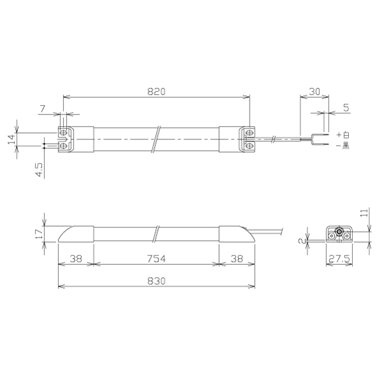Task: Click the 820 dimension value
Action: pyautogui.click(x=157, y=92)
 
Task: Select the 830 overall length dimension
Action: pyautogui.click(x=157, y=281)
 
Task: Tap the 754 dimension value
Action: pyautogui.click(x=157, y=258)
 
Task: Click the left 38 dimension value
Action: pyautogui.click(x=76, y=258)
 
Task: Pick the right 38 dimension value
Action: pyautogui.click(x=237, y=258)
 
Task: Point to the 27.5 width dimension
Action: pyautogui.click(x=339, y=259)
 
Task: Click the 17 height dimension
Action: pyautogui.click(x=39, y=234)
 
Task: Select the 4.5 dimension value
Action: pyautogui.click(x=39, y=169)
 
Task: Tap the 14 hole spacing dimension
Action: pyautogui.click(x=11, y=139)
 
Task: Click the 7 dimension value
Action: pyautogui.click(x=43, y=109)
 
